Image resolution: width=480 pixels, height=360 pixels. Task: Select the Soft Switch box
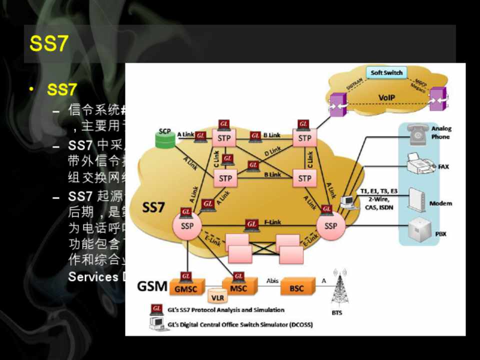pyautogui.click(x=386, y=72)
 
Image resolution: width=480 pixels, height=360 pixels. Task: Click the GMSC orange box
pyautogui.click(x=186, y=288)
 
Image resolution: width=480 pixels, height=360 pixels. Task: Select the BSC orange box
pyautogui.click(x=296, y=288)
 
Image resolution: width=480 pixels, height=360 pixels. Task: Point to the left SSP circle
pyautogui.click(x=187, y=226)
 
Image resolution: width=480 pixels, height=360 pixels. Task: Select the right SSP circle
pyautogui.click(x=330, y=226)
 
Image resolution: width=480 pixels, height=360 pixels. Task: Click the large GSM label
pyautogui.click(x=152, y=286)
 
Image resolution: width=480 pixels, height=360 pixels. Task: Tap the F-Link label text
pyautogui.click(x=272, y=222)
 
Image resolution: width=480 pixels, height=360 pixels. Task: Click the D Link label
pyautogui.click(x=272, y=150)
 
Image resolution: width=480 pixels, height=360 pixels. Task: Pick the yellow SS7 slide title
pyautogui.click(x=48, y=44)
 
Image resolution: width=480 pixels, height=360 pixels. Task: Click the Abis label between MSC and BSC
pyautogui.click(x=272, y=281)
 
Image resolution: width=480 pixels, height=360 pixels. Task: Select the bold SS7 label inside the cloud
pyautogui.click(x=153, y=207)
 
